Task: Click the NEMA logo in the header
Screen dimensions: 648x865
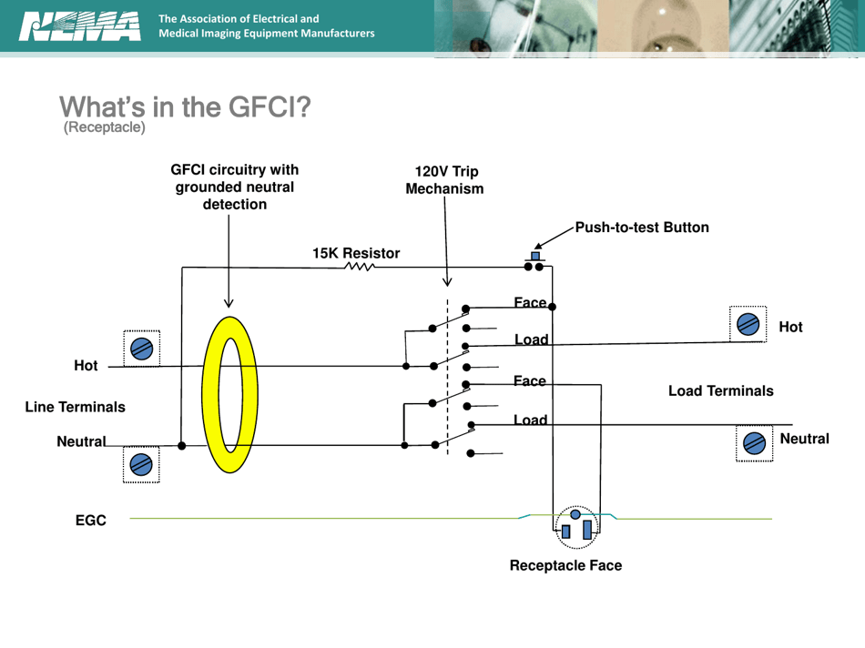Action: (x=79, y=26)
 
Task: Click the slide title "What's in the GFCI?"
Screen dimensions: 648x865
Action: (x=185, y=107)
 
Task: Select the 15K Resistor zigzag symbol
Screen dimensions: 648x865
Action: (x=360, y=268)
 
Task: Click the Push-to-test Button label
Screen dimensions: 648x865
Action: (x=641, y=228)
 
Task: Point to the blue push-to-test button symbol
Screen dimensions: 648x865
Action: (x=534, y=257)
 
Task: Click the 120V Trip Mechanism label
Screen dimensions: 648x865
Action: (x=445, y=180)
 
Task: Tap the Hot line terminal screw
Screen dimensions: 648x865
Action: (x=141, y=348)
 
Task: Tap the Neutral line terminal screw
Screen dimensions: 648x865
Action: (x=141, y=464)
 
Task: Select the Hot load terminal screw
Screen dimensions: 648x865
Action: (x=748, y=324)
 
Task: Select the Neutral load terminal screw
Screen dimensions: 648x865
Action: (x=754, y=443)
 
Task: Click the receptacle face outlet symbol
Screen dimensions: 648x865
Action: (x=576, y=526)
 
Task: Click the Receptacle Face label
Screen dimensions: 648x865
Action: (x=565, y=565)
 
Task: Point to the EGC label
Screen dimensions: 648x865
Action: (x=90, y=521)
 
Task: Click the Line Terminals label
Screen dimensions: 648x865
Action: (x=75, y=407)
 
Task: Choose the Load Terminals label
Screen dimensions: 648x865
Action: (x=720, y=390)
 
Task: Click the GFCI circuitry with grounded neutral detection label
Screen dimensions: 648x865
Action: (x=234, y=187)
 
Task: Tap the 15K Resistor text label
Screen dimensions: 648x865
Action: (x=356, y=253)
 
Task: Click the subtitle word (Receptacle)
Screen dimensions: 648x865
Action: (x=104, y=127)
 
